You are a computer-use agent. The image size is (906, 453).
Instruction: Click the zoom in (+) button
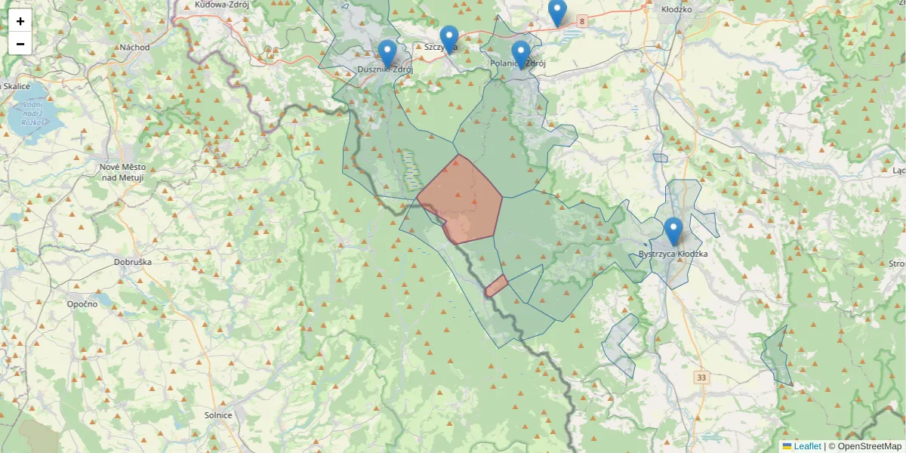coord(20,21)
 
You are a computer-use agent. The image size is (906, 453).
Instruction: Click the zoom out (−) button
coord(20,44)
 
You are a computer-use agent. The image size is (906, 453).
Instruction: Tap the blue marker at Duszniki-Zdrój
coord(387,54)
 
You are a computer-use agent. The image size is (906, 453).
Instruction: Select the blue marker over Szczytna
coord(449,39)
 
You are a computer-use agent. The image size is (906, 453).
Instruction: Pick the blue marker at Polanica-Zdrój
coord(520,54)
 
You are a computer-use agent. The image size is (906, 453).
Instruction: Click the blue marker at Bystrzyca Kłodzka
coord(673,231)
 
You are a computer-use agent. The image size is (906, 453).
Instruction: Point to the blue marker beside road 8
coord(557,12)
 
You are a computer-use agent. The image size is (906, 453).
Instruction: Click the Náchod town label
coord(134,47)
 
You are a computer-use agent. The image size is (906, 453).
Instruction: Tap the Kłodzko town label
coord(676,10)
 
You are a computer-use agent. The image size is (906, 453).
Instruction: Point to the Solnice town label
coord(218,414)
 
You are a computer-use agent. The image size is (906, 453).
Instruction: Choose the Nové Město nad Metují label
coord(122,171)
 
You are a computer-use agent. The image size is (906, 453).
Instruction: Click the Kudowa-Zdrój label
coord(222,5)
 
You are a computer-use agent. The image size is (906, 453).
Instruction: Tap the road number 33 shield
coord(703,377)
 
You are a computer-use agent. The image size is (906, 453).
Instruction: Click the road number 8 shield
coord(582,23)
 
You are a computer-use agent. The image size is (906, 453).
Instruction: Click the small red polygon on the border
coord(496,286)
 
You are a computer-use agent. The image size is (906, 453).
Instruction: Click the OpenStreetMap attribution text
coord(869,446)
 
